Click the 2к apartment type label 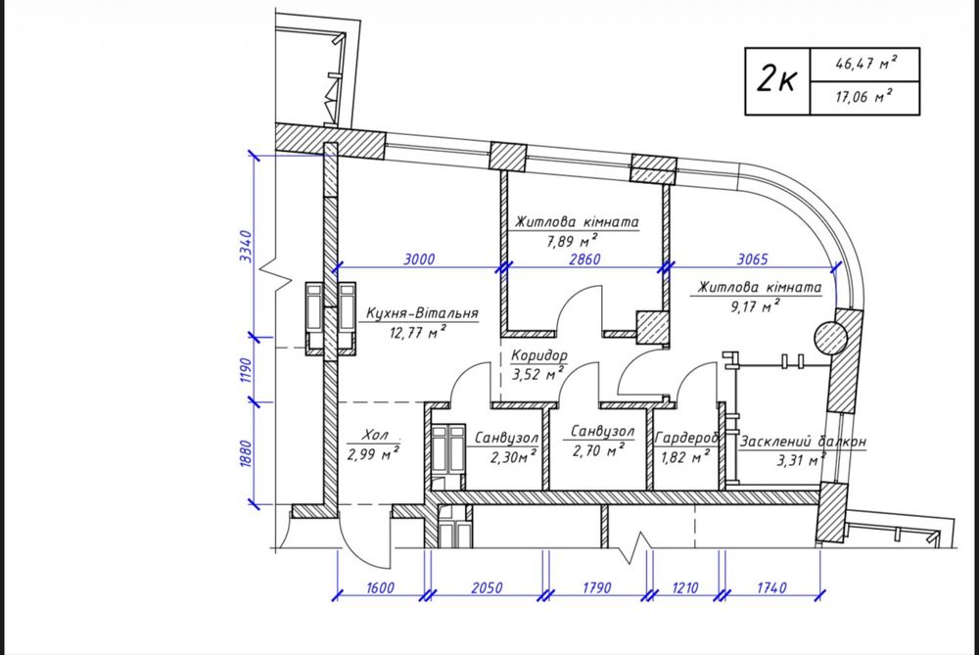tap(776, 80)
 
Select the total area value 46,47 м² tap(866, 63)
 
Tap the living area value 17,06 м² tap(864, 97)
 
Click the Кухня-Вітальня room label tap(422, 313)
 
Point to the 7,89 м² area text tap(572, 241)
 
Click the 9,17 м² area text tap(755, 305)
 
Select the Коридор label tap(539, 356)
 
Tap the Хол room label tap(375, 435)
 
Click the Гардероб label tap(686, 439)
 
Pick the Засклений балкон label tap(803, 442)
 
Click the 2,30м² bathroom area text tap(513, 457)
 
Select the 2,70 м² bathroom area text tap(598, 449)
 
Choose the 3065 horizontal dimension tap(752, 259)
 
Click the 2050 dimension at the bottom tap(487, 587)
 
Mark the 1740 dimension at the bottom tap(771, 587)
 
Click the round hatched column tap(830, 339)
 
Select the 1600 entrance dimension tap(380, 587)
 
